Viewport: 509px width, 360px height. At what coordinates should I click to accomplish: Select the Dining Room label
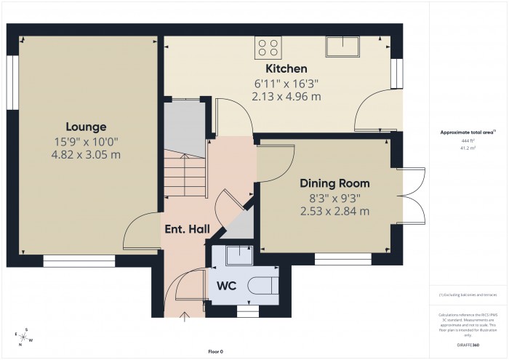(336, 183)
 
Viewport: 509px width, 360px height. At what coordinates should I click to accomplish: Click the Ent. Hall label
(186, 229)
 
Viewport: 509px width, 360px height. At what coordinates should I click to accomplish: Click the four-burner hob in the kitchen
(268, 47)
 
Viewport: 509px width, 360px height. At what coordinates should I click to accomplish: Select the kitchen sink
(342, 47)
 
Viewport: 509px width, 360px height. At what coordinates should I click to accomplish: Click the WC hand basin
(237, 256)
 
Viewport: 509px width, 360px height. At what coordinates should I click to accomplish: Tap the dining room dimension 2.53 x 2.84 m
(336, 211)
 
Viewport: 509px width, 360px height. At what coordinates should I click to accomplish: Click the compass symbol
(25, 337)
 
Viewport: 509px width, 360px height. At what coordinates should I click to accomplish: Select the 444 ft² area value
(468, 141)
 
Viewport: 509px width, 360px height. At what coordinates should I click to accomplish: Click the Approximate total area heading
(468, 132)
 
